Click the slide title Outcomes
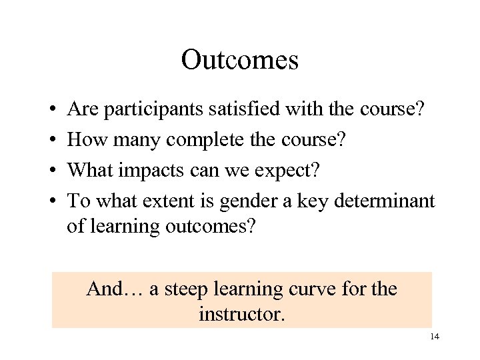pyautogui.click(x=239, y=60)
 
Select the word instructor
pyautogui.click(x=241, y=313)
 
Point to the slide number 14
pyautogui.click(x=434, y=337)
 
